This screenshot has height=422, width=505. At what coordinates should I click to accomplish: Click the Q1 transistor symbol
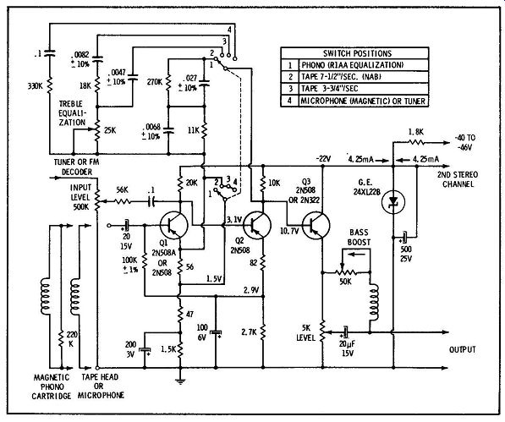[x=173, y=225]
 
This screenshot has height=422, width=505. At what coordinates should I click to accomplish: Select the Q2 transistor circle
[x=257, y=225]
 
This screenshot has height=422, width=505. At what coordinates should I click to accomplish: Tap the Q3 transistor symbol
[x=316, y=225]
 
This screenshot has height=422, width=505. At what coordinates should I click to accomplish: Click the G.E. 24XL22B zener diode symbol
[x=393, y=202]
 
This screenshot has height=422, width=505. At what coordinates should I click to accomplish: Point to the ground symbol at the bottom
[x=180, y=381]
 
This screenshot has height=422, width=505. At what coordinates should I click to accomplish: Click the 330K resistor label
[x=36, y=86]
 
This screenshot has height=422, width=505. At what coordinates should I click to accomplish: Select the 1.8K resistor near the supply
[x=416, y=141]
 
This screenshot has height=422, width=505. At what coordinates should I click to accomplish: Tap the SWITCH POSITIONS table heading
[x=357, y=53]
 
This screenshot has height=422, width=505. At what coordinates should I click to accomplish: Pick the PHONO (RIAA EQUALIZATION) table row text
[x=352, y=65]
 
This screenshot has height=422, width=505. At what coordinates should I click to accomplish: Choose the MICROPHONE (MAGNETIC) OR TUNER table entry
[x=363, y=101]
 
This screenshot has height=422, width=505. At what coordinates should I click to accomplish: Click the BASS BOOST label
[x=360, y=238]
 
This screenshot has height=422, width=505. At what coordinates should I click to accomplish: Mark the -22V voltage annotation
[x=323, y=158]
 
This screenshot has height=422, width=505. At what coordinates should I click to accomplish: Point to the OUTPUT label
[x=463, y=349]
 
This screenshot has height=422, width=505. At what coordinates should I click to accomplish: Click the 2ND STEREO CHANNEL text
[x=458, y=179]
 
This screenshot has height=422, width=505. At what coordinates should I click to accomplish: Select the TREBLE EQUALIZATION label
[x=72, y=113]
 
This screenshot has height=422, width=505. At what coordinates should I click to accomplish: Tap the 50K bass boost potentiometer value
[x=345, y=282]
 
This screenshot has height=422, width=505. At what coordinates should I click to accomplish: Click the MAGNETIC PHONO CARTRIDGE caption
[x=52, y=386]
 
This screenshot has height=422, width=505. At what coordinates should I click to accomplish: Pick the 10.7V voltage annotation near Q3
[x=289, y=231]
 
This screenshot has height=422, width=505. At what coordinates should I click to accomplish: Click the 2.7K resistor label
[x=250, y=332]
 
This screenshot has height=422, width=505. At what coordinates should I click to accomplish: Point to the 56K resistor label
[x=123, y=190]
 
